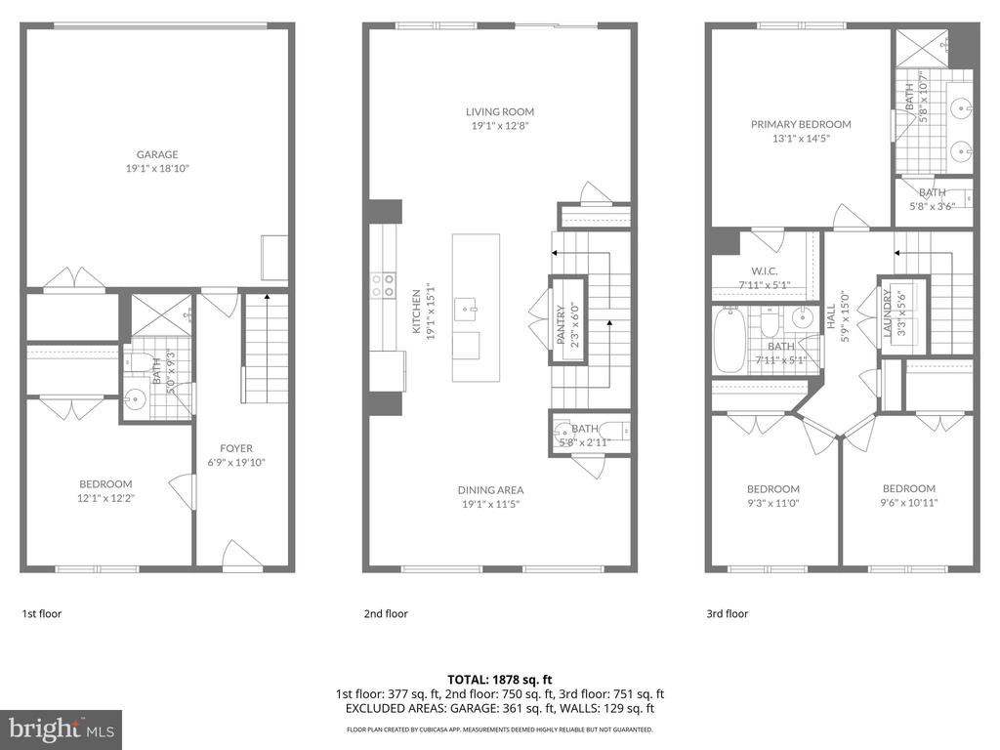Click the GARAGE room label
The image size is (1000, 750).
click(157, 154)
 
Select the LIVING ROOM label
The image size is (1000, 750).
click(499, 112)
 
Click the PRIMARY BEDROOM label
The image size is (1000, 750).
click(801, 124)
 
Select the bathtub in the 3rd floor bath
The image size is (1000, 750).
click(729, 341)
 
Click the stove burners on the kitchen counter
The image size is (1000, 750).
click(383, 284)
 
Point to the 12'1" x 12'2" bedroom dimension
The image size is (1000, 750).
click(105, 497)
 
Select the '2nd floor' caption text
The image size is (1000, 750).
click(385, 614)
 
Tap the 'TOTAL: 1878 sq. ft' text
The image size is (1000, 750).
click(499, 679)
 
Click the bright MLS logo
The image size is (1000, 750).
click(61, 729)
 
